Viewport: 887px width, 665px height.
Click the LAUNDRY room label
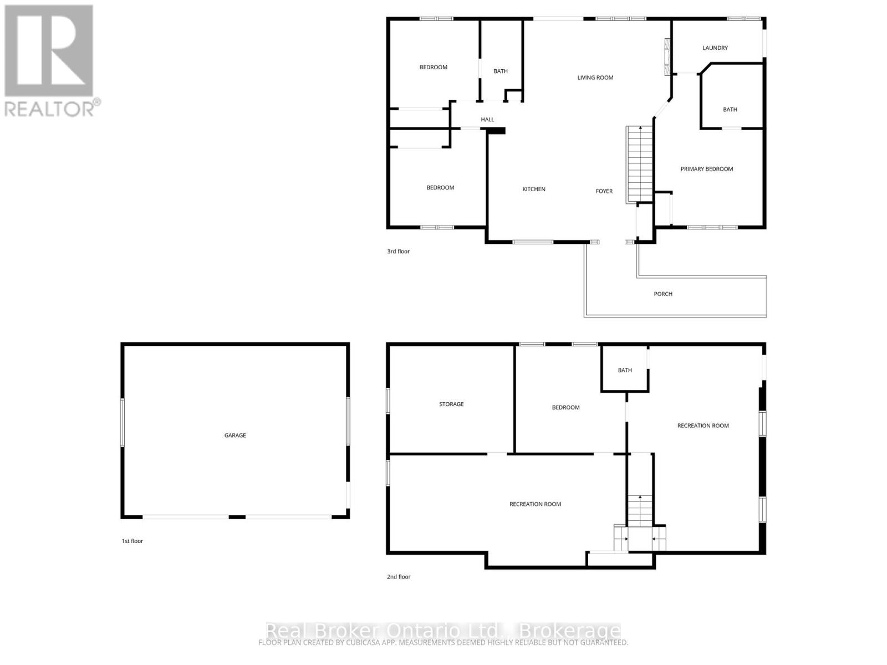tap(715, 48)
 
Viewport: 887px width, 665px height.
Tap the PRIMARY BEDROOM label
tap(706, 169)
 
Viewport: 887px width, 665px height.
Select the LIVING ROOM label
tap(595, 78)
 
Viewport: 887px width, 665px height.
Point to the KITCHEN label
tap(533, 190)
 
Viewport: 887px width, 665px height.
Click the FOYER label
tap(604, 191)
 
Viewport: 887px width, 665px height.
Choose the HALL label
tap(487, 120)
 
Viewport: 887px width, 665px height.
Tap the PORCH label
tap(662, 294)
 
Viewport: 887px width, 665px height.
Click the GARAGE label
tap(235, 436)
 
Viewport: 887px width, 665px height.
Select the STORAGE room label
tap(451, 405)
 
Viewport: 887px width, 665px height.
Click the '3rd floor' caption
tap(398, 252)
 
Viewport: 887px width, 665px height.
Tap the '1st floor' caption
tap(132, 541)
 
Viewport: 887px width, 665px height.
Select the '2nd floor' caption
tap(398, 577)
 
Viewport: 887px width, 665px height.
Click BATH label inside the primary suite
tap(730, 110)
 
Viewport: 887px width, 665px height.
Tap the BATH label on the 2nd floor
tap(624, 371)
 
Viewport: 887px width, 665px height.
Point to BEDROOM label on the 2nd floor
tap(565, 408)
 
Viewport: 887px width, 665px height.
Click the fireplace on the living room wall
tap(668, 57)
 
